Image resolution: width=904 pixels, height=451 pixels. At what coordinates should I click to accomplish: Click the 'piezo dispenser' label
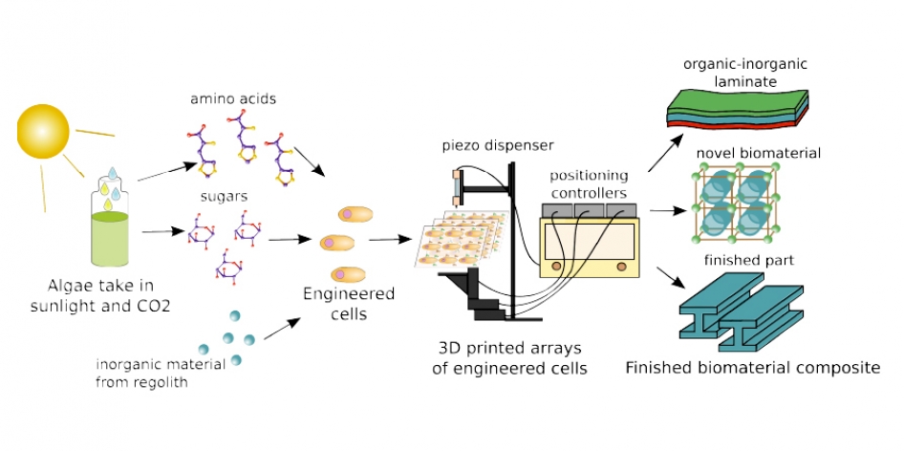click(x=484, y=145)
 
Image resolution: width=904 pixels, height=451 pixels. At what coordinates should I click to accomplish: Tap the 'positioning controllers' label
click(x=589, y=183)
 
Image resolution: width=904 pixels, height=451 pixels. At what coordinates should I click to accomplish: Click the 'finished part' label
click(x=752, y=260)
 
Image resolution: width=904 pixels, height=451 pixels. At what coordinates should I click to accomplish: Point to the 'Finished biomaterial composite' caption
click(x=752, y=368)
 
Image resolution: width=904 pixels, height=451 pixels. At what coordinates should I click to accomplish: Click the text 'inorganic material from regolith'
click(x=161, y=373)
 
